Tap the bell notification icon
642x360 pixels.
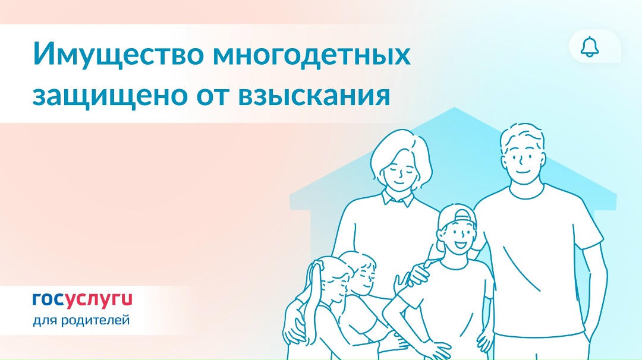pos(590,47)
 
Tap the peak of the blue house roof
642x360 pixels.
pos(454,109)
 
